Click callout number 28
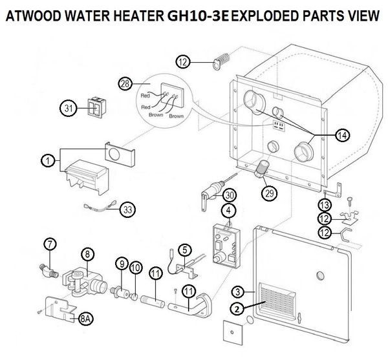[125, 84]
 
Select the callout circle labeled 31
[69, 109]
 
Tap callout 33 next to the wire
[127, 210]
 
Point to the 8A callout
[85, 319]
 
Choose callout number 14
[343, 135]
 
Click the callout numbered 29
[270, 193]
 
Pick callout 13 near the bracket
[325, 204]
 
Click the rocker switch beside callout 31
[97, 107]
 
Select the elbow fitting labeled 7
[48, 270]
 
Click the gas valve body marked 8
[85, 282]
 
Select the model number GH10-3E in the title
[198, 16]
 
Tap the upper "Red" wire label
[145, 96]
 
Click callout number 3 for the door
[238, 292]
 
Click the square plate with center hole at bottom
[232, 332]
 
